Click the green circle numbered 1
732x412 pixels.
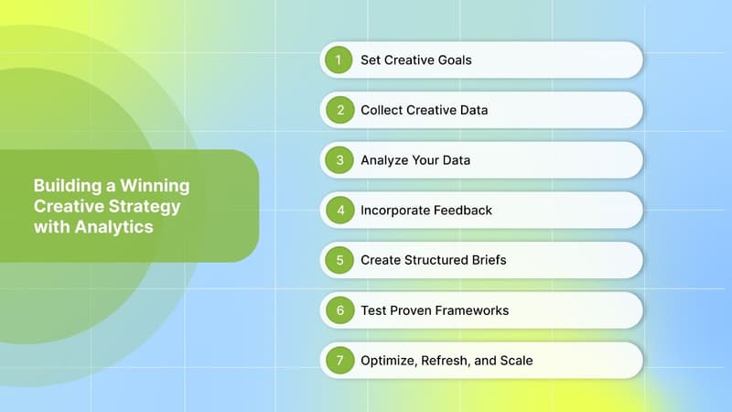339,60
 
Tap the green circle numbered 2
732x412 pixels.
339,110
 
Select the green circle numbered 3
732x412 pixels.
339,160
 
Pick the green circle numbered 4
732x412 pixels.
339,211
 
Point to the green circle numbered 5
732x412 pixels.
339,260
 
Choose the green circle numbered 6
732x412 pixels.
339,310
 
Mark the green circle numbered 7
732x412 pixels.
339,361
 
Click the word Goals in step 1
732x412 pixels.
453,60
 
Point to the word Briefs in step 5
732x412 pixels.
484,260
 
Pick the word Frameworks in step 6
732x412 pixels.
474,310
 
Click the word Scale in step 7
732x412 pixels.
516,361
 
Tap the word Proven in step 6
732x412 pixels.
414,310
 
